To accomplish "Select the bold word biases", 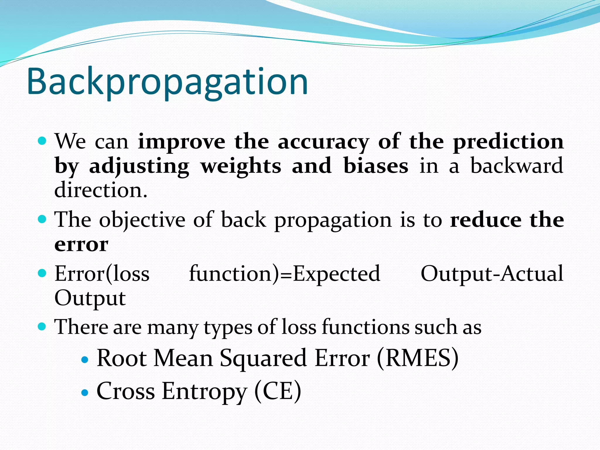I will pos(376,166).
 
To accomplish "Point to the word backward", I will pos(517,166).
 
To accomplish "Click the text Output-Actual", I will pos(492,274).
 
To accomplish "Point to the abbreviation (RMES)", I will pos(417,358).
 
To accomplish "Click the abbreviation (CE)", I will pos(277,391).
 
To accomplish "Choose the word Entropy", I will pos(204,391).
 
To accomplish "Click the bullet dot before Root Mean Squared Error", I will pos(85,360).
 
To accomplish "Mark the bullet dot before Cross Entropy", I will pos(85,393).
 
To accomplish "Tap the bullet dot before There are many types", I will pos(42,326).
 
